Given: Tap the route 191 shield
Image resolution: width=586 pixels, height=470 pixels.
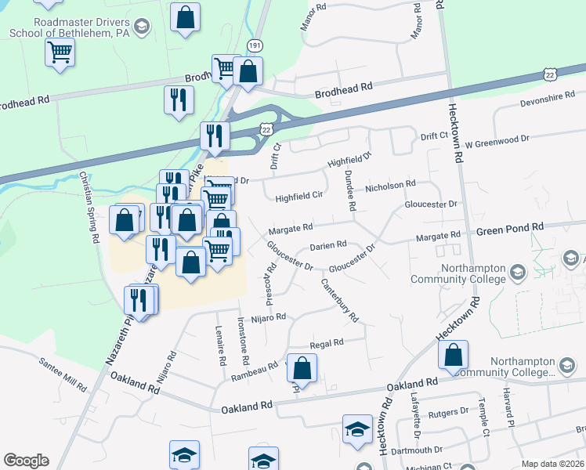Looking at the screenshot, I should point(254,46).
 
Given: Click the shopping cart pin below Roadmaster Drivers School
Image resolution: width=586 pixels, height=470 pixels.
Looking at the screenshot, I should point(60,54).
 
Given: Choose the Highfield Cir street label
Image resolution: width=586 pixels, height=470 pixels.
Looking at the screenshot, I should point(299,198).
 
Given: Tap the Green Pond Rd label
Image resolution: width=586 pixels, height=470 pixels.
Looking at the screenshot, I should point(510,227).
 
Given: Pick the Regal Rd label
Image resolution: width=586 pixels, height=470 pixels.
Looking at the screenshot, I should point(327,343).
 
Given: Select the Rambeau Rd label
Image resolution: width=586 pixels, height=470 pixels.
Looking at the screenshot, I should point(255,371).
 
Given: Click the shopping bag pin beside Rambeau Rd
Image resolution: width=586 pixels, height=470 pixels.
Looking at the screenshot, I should point(302,369).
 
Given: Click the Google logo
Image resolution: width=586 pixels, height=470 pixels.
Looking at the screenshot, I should point(26,461).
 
